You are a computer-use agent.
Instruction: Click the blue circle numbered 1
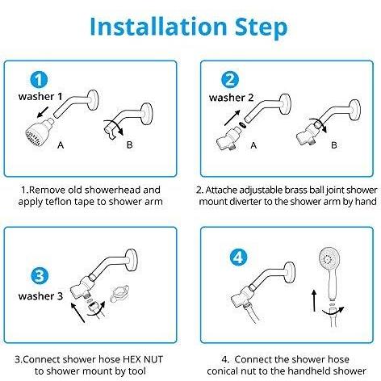(x=40, y=80)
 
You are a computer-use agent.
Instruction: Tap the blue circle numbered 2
(x=230, y=80)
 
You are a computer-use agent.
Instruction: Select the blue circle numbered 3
(x=40, y=276)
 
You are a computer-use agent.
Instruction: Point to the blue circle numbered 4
(x=238, y=257)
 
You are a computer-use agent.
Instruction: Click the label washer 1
(x=40, y=96)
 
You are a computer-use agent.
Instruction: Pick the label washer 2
(x=231, y=98)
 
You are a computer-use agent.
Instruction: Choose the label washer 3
(x=40, y=296)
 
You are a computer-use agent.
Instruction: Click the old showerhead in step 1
(x=39, y=132)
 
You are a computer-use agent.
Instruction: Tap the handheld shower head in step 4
(x=329, y=272)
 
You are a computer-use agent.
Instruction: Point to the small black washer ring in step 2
(x=241, y=125)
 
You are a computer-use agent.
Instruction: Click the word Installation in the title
(x=159, y=27)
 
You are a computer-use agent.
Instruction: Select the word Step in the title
(x=261, y=27)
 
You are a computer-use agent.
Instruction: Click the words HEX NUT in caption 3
(x=143, y=359)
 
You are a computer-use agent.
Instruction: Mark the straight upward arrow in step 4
(x=314, y=300)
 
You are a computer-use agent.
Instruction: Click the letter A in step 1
(x=61, y=145)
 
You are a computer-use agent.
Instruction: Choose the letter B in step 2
(x=334, y=145)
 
